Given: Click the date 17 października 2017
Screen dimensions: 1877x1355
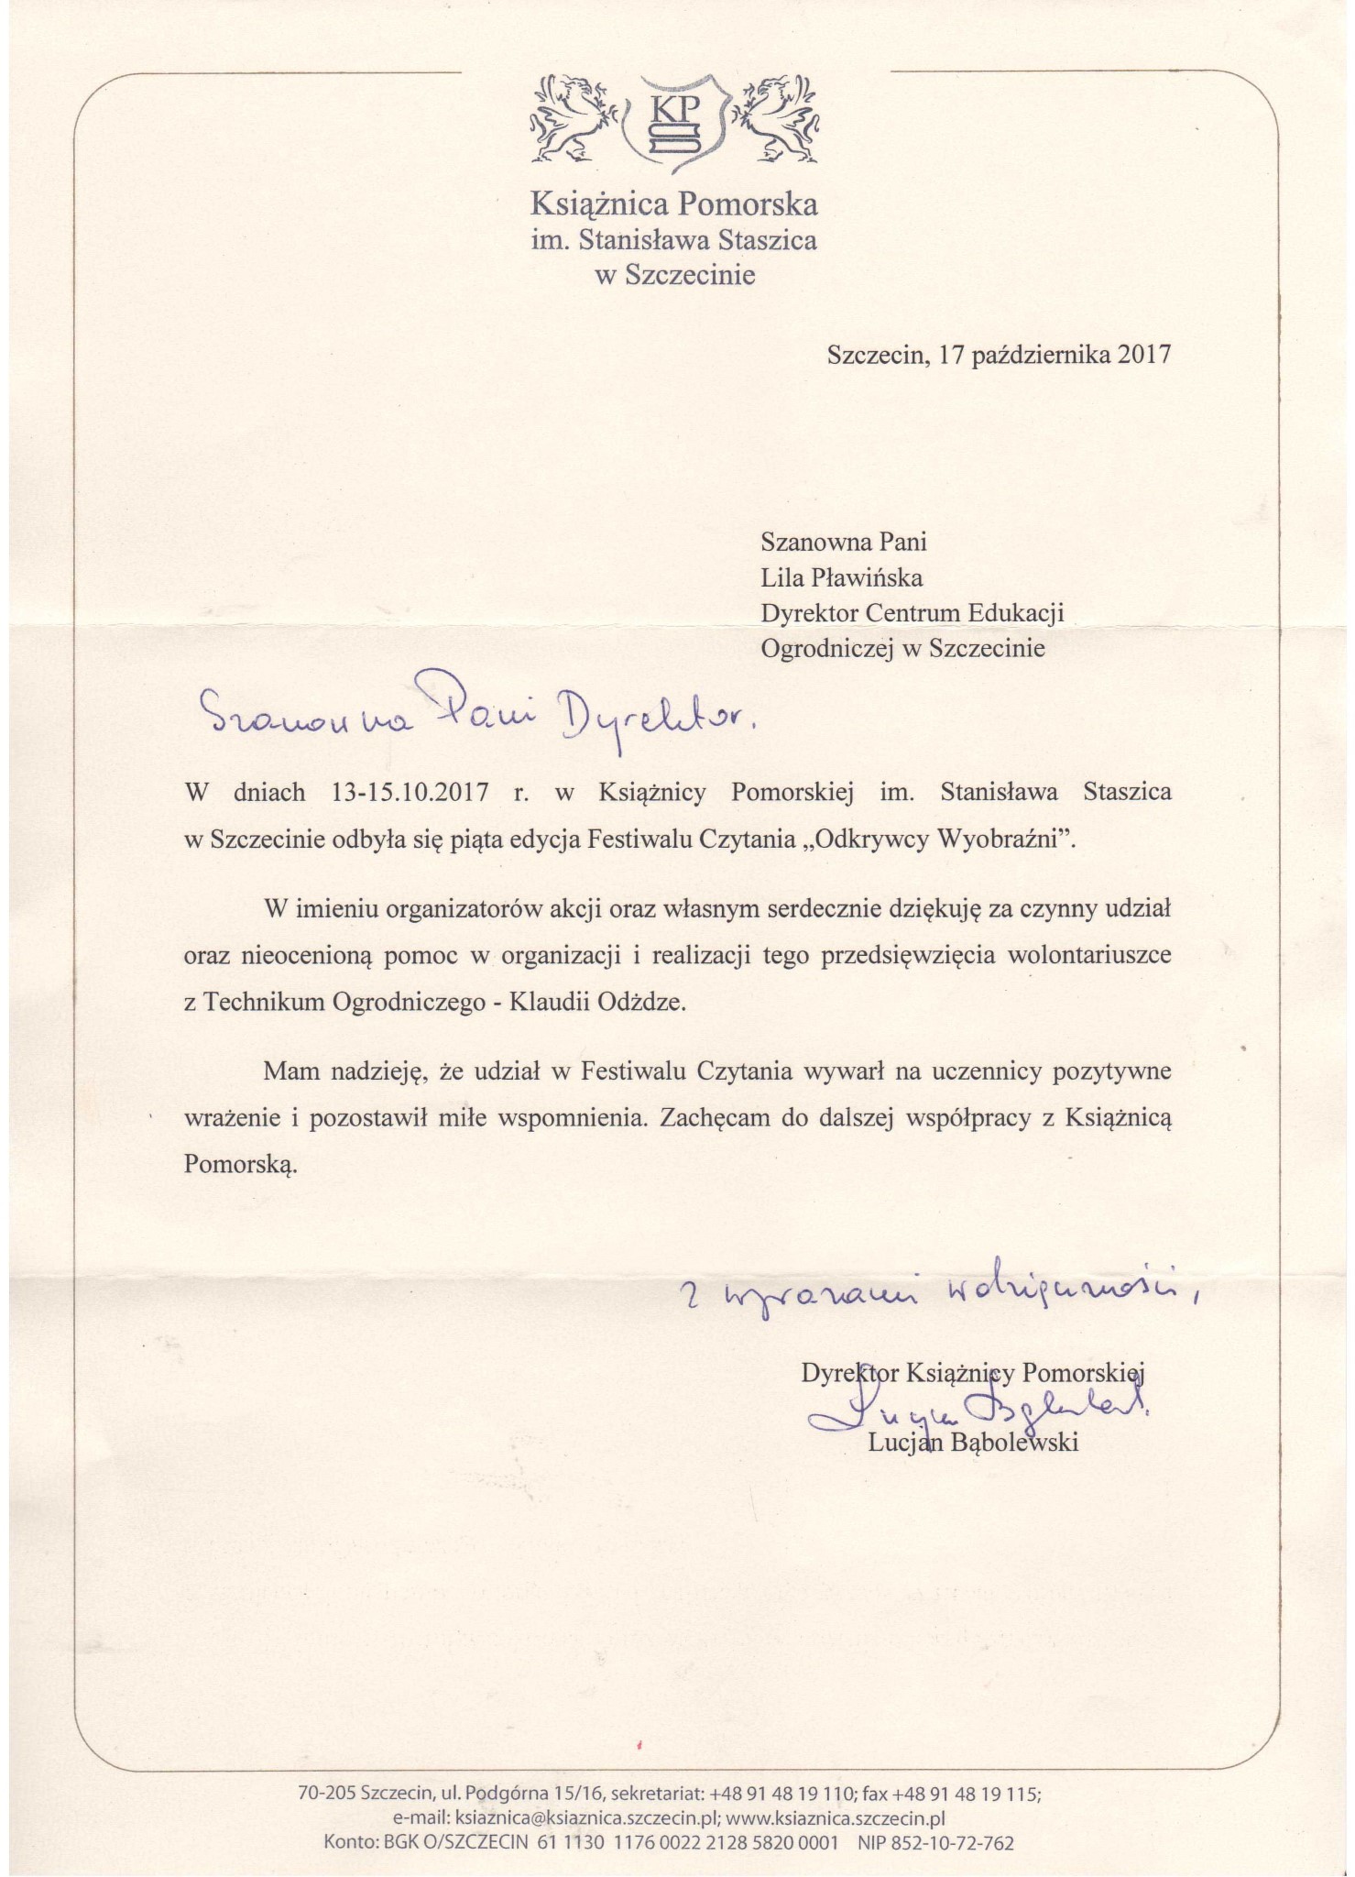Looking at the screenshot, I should (x=1053, y=355).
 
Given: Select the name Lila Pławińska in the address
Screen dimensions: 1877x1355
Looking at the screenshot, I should (x=842, y=577).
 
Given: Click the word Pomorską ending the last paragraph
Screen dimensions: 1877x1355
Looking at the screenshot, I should (x=242, y=1165).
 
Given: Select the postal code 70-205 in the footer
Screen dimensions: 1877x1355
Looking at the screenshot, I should (x=326, y=1792).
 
